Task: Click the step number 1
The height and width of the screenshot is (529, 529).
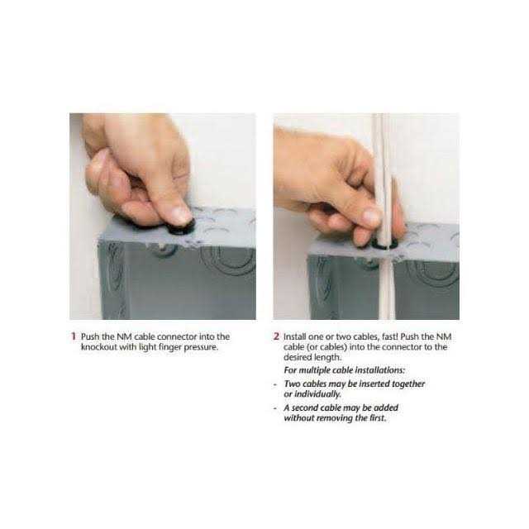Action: click(74, 336)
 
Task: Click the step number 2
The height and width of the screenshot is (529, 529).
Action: click(276, 336)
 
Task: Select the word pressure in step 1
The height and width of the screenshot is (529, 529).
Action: click(201, 347)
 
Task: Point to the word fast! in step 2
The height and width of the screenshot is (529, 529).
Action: click(389, 336)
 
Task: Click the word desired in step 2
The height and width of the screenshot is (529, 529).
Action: click(297, 357)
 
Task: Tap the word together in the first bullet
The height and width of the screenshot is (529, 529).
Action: click(408, 384)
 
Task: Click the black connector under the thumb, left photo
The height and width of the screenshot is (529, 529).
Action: click(181, 228)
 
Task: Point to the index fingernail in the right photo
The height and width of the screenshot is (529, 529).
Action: click(371, 217)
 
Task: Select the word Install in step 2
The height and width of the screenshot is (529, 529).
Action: click(294, 336)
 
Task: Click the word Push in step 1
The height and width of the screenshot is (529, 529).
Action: click(90, 336)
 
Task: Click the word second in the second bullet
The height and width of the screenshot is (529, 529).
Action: click(305, 407)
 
